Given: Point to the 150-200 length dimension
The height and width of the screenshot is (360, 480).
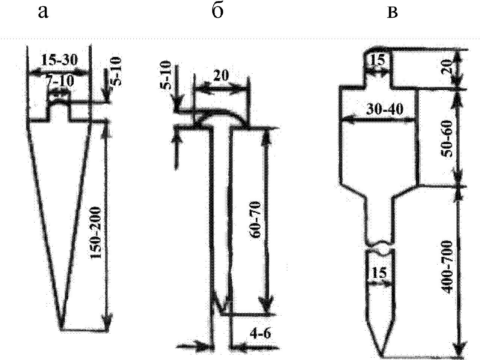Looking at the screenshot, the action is pyautogui.click(x=96, y=233).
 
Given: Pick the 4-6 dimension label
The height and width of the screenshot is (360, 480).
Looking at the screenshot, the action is pyautogui.click(x=260, y=334).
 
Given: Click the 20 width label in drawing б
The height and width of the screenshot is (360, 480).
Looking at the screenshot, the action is pyautogui.click(x=222, y=76).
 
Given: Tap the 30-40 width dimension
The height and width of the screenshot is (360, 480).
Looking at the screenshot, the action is pyautogui.click(x=385, y=109).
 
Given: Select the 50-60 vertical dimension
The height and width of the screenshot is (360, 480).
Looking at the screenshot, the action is pyautogui.click(x=446, y=139).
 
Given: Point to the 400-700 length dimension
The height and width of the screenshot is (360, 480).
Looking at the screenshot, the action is pyautogui.click(x=446, y=267).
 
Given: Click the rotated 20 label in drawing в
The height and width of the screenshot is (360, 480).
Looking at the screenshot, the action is pyautogui.click(x=446, y=67).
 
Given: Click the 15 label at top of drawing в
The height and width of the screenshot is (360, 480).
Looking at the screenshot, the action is pyautogui.click(x=378, y=60).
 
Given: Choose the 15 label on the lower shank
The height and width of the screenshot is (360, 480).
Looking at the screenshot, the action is pyautogui.click(x=379, y=272).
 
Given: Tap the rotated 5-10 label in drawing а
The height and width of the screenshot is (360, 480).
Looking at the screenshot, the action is pyautogui.click(x=115, y=71).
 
